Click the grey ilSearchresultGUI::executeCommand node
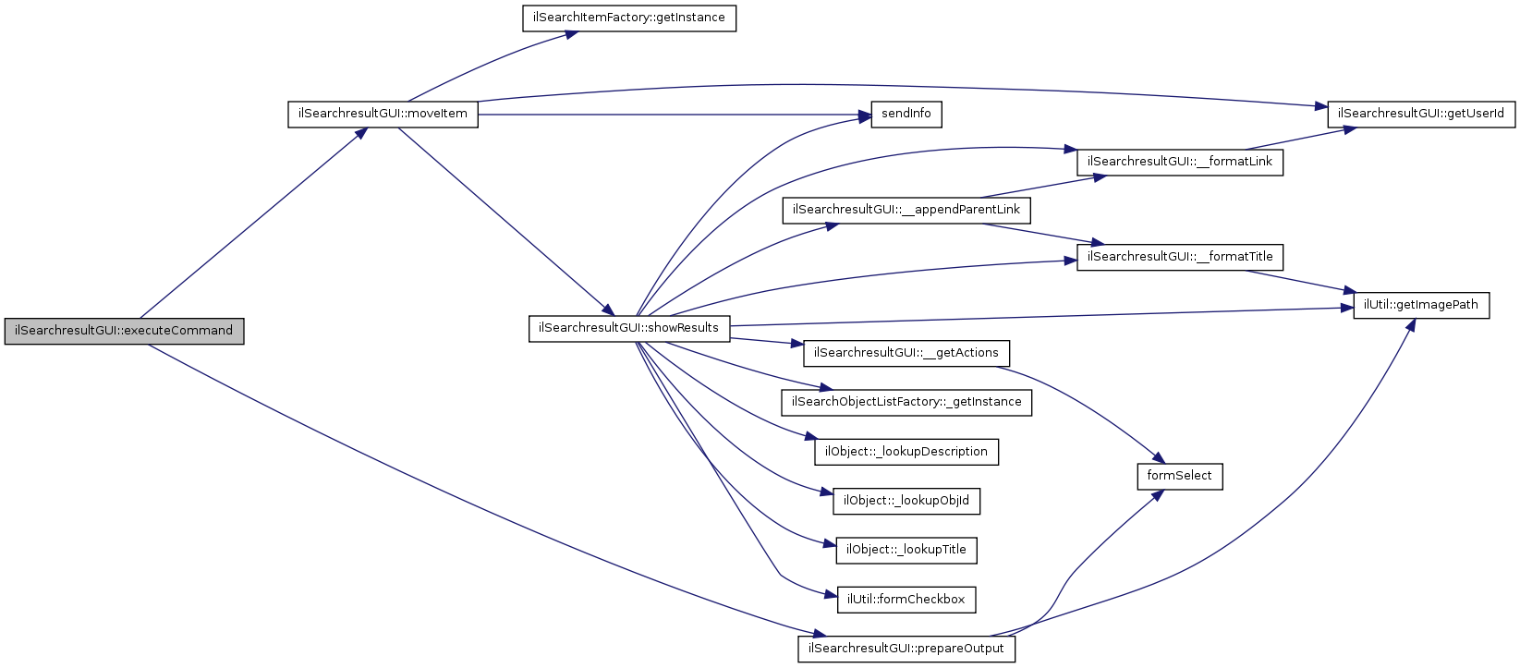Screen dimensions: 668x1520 [124, 331]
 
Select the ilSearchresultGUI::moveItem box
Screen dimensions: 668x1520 [383, 115]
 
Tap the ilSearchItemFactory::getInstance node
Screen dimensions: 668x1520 [628, 18]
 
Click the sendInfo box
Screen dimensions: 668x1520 [906, 115]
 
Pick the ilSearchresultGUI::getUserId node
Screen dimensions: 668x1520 [1421, 115]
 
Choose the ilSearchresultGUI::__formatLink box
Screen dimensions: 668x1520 [1179, 162]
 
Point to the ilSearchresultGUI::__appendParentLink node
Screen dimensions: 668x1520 [906, 210]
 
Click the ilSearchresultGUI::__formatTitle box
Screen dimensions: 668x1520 [1180, 257]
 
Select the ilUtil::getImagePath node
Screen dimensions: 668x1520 [1421, 305]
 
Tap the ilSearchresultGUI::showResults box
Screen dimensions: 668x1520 [628, 328]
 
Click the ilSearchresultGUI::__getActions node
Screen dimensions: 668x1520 [906, 353]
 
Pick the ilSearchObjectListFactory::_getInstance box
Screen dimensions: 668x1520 [906, 403]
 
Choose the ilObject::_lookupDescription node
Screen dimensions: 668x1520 [906, 452]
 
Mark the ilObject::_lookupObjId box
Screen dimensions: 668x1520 [906, 501]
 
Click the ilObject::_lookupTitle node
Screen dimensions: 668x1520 [906, 550]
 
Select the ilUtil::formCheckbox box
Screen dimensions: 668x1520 [906, 600]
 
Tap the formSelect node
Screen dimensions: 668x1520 [1179, 476]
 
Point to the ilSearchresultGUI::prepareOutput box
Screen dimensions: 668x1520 [906, 649]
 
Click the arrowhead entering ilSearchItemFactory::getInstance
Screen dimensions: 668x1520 [573, 33]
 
